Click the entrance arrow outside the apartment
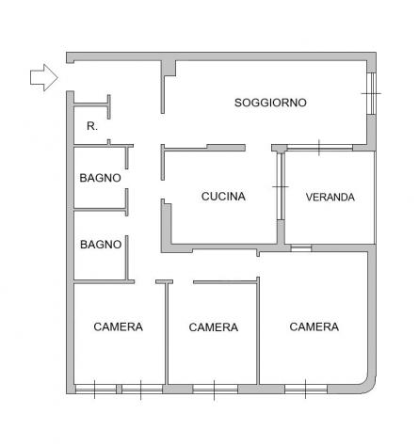point(44,77)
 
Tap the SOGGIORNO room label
point(270,103)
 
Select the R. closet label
point(92,126)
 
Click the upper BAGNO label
point(100,178)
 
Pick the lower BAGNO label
point(101,245)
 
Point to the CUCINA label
point(223,197)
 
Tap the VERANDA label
point(330,197)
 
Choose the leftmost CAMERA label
point(118,327)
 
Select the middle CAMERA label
point(214,327)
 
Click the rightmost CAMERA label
point(314,327)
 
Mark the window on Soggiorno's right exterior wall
point(372,93)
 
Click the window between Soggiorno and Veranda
point(319,148)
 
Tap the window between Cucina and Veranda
point(281,186)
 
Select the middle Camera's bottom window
point(215,390)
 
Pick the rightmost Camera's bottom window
point(306,390)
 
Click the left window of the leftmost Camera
point(96,390)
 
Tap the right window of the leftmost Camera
point(142,390)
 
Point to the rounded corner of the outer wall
point(369,388)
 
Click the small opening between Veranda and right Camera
point(300,248)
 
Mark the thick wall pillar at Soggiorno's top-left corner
point(169,68)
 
